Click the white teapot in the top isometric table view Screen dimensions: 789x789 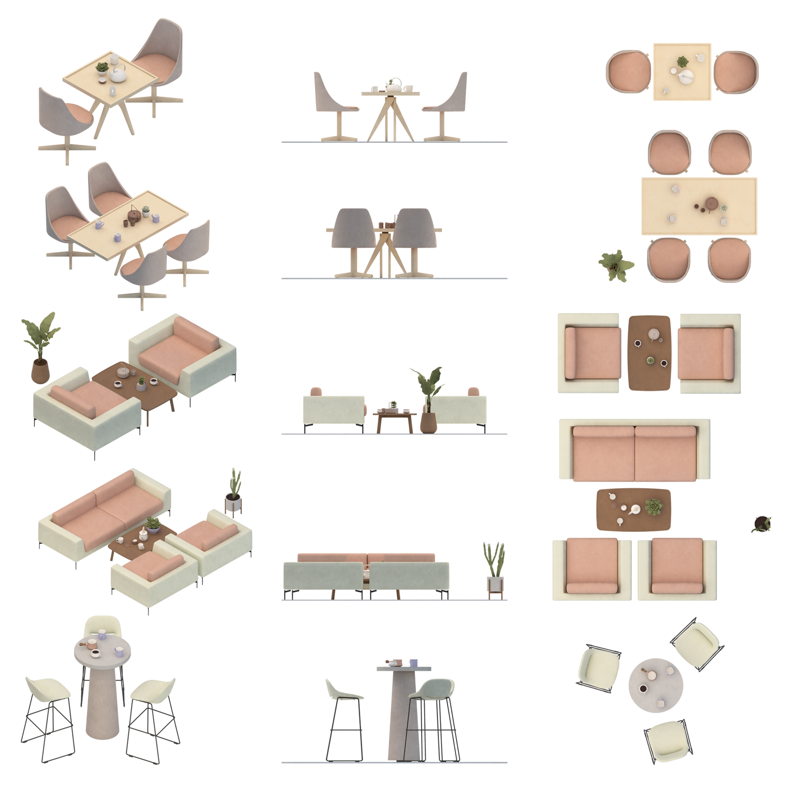[x=119, y=74]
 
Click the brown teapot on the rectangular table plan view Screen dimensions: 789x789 [x=711, y=204]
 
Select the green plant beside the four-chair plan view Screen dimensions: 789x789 [x=616, y=264]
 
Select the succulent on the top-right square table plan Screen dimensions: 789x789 [x=681, y=61]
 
